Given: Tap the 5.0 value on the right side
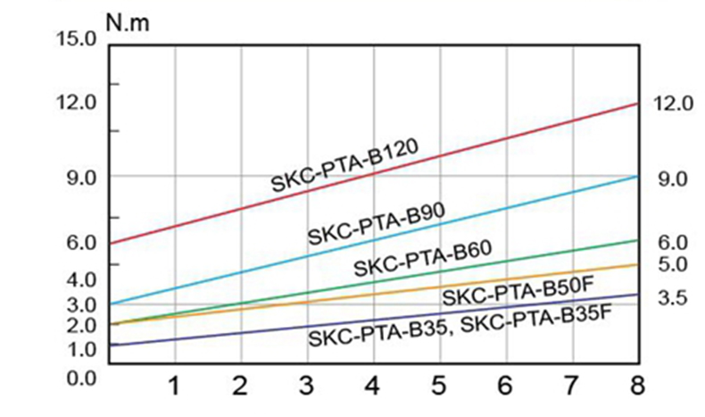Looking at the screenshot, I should point(671,264).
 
